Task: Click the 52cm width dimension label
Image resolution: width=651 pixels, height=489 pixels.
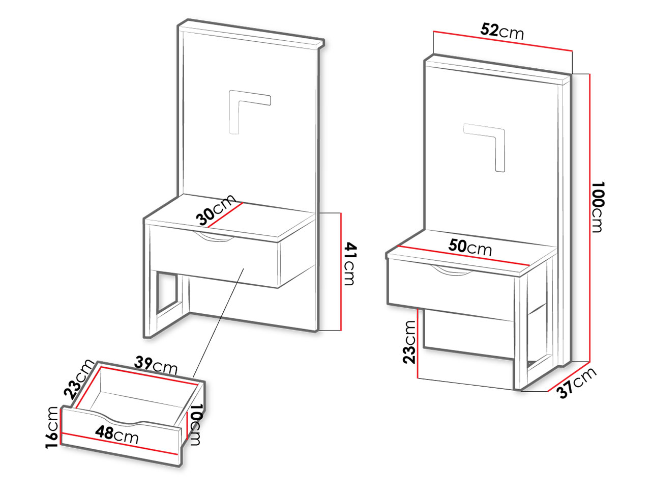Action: coord(502,32)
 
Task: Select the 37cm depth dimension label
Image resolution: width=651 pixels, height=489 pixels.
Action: coord(577,383)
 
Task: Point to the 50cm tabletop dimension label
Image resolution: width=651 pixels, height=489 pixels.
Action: coord(470,248)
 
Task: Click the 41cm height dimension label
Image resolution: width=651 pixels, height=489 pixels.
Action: coord(350,264)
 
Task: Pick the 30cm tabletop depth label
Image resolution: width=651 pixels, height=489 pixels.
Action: coord(216,210)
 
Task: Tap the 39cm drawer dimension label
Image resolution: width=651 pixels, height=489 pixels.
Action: coord(156,366)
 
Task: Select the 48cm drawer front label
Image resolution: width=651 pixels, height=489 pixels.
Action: coord(117,435)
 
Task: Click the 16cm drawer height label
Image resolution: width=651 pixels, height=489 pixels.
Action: coord(51,427)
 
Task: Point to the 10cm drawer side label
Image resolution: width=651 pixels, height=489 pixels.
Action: coord(195,424)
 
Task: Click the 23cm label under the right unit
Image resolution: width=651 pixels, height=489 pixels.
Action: coord(409,342)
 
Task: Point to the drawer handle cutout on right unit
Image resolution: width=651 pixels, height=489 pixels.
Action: coord(452,271)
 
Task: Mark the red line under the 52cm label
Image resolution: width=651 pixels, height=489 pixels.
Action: coord(502,41)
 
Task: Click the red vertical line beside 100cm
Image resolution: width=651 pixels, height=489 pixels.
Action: coord(590,218)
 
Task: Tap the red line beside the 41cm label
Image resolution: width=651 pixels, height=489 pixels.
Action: coord(341,271)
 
